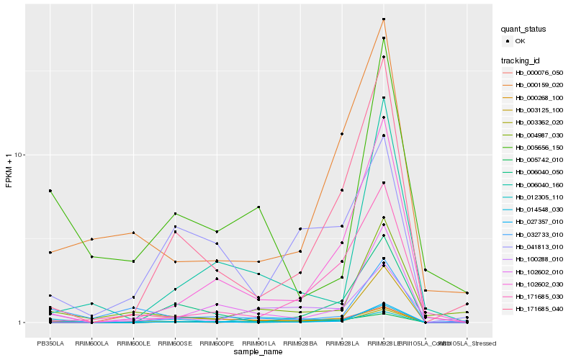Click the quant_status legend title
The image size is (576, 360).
pos(523,30)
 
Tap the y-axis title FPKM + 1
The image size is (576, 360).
pos(9,171)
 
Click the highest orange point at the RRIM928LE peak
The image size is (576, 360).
pos(384,19)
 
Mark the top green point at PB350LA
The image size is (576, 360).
pos(50,191)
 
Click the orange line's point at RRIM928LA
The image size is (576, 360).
pos(342,134)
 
